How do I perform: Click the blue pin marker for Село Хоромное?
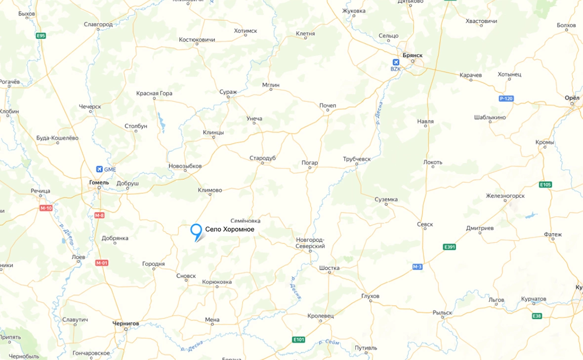click(196, 231)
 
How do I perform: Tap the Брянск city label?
click(412, 55)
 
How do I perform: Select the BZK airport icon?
click(395, 62)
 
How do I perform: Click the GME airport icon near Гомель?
click(100, 169)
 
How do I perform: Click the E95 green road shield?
click(41, 36)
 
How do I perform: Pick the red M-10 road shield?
click(46, 208)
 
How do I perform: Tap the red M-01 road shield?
click(102, 263)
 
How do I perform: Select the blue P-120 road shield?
click(506, 99)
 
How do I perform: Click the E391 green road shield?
click(449, 247)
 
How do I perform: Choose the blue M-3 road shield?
click(417, 267)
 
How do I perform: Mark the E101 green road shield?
click(298, 340)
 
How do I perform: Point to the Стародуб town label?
click(262, 158)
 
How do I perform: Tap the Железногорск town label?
click(505, 196)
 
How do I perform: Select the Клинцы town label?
click(213, 132)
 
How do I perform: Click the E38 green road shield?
click(537, 316)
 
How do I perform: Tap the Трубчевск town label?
click(357, 159)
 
